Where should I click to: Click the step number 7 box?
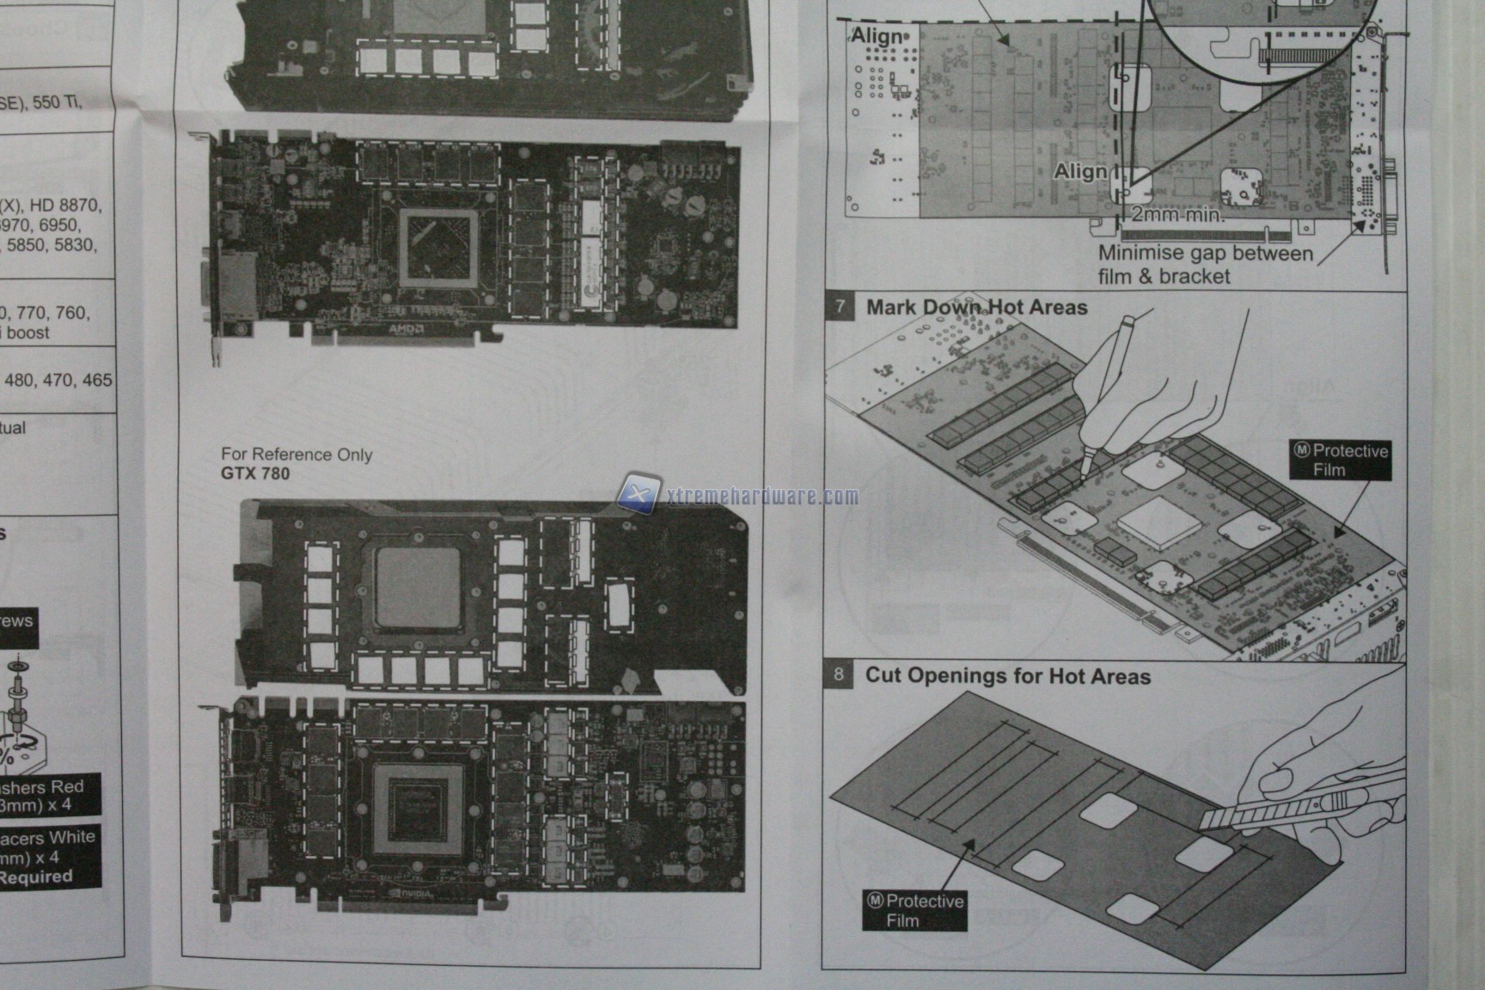(x=840, y=307)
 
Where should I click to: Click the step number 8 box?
(x=839, y=675)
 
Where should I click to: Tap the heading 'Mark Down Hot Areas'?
(x=976, y=307)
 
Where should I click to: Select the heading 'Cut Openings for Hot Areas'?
(x=1007, y=675)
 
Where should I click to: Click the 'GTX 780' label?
(x=255, y=474)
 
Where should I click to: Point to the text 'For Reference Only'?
(x=296, y=454)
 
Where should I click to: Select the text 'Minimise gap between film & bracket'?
(x=1205, y=265)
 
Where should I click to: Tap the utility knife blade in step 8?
(x=1229, y=817)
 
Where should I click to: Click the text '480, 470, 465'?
(x=58, y=380)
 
